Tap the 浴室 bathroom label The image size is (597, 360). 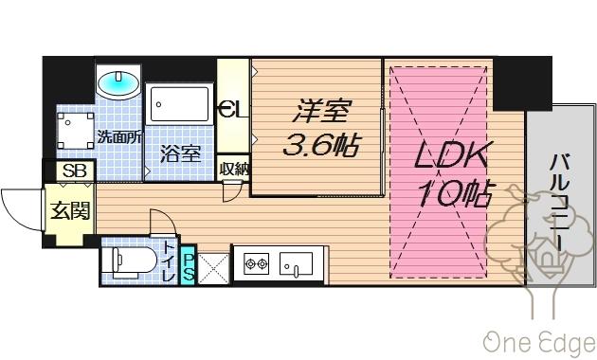179,153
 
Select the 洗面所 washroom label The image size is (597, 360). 120,136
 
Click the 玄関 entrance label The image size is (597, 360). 71,210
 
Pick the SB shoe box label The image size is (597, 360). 73,172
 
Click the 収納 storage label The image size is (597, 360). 234,170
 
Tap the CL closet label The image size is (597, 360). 231,108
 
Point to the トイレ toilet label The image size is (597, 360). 169,261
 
